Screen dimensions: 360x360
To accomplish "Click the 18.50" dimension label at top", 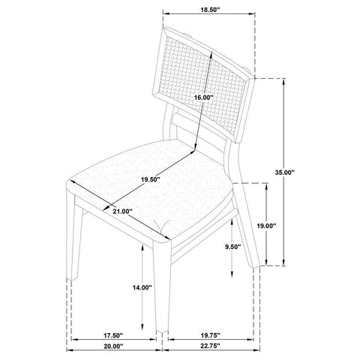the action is [210, 10].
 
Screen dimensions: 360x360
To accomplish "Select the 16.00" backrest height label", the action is [204, 97].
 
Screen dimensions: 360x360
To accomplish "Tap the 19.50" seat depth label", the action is [150, 179].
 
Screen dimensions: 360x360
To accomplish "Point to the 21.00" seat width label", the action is [122, 211].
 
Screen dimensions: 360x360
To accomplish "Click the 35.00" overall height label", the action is [285, 172].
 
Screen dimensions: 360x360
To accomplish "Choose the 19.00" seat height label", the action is [267, 226].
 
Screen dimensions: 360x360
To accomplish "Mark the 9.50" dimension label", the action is [232, 247].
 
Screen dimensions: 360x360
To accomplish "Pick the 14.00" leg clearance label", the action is [142, 288].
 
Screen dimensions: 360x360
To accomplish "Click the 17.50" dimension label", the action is [113, 335].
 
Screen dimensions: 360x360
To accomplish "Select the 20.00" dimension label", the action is [113, 346].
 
